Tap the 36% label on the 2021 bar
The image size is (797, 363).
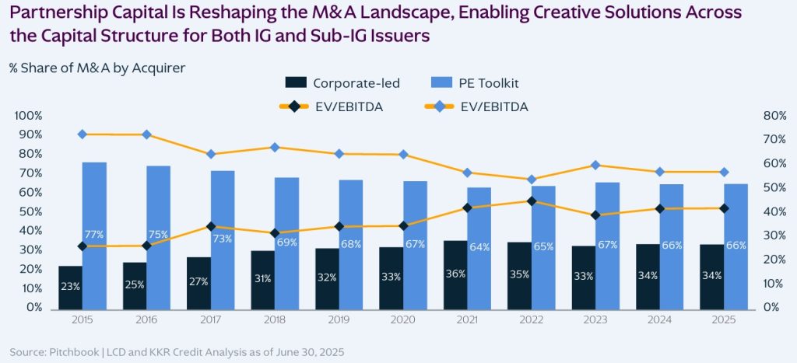point(455,274)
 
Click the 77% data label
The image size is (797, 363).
point(94,235)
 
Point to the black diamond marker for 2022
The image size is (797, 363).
point(532,201)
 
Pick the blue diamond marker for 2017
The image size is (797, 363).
point(211,154)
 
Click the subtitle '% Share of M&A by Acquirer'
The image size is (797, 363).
point(97,67)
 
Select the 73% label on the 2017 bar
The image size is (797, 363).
point(223,239)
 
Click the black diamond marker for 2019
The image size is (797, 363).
point(339,227)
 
